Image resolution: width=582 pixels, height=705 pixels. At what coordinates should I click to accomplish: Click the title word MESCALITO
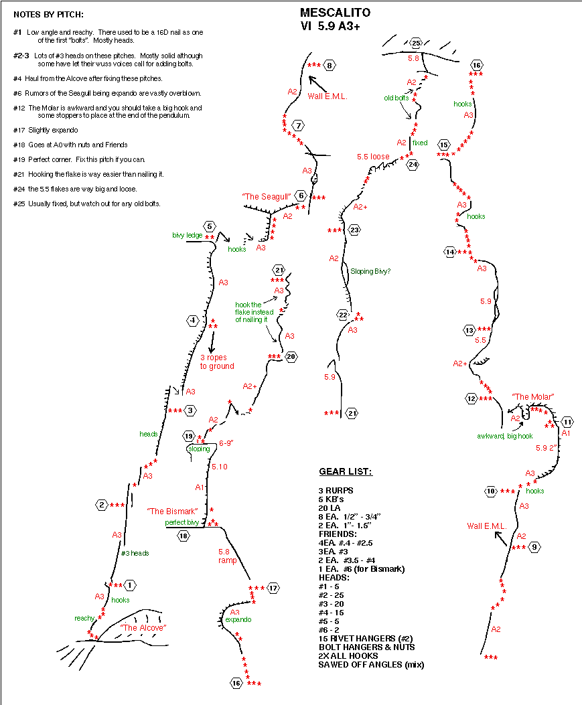(335, 13)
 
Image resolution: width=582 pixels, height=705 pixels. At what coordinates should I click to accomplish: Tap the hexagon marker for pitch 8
(330, 66)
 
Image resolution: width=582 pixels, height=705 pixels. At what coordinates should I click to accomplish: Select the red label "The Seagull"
(266, 196)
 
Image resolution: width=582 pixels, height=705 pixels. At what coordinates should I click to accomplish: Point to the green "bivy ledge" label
(187, 235)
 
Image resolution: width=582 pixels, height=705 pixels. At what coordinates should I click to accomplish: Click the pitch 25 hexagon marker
(416, 43)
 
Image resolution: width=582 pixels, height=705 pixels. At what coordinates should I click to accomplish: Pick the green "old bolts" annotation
(396, 98)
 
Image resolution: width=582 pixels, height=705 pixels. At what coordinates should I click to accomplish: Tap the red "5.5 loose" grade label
(373, 157)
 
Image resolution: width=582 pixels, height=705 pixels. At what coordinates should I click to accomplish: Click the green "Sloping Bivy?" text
(370, 272)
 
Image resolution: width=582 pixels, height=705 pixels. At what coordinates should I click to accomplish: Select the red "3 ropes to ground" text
(217, 362)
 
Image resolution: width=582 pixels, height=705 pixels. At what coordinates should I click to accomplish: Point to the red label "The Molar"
(533, 396)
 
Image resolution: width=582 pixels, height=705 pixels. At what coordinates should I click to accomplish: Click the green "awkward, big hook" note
(504, 436)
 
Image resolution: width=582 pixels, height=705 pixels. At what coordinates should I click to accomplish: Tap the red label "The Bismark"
(172, 512)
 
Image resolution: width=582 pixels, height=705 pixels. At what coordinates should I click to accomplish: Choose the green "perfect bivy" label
(181, 522)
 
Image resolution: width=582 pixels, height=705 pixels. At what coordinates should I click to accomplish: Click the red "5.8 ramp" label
(227, 556)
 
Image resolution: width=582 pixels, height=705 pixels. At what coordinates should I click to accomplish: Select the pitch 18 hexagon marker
(184, 536)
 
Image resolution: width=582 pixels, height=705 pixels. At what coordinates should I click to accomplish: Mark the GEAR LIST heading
(346, 471)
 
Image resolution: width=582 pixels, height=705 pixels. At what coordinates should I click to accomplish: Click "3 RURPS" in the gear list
(336, 491)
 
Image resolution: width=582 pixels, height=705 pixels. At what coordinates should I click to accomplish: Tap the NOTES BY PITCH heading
(49, 14)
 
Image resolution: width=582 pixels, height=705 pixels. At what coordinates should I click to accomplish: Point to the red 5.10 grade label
(220, 467)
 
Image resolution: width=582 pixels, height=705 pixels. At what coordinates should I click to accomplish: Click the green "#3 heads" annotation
(135, 554)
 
